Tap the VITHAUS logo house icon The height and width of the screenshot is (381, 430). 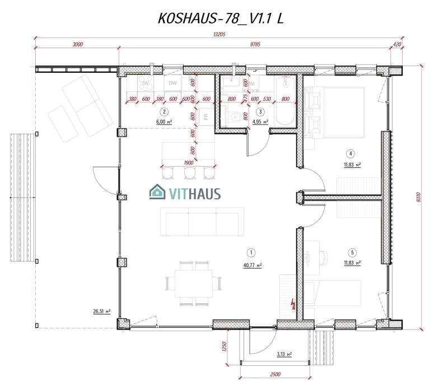157,193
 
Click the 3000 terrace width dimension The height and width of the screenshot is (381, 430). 77,44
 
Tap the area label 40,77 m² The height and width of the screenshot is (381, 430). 253,266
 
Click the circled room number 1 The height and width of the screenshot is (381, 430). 253,252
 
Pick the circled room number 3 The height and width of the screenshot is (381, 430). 260,110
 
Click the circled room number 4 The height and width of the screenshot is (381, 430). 350,153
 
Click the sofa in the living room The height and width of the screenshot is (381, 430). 202,221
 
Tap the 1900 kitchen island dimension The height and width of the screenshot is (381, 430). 188,163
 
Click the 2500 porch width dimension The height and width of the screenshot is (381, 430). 275,373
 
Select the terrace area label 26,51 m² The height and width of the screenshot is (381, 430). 102,312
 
